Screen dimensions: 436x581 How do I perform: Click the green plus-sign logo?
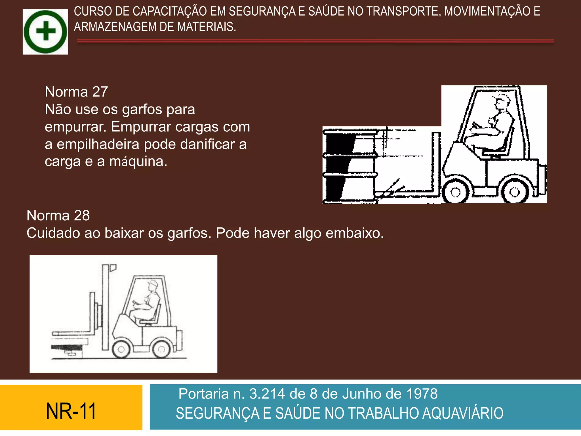pos(45,32)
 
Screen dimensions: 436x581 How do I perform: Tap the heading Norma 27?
pos(76,92)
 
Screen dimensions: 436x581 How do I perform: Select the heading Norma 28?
pos(58,215)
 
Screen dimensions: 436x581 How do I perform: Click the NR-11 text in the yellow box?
pos(71,411)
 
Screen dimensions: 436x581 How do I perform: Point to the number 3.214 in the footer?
pos(267,394)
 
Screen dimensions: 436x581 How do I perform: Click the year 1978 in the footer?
pos(422,394)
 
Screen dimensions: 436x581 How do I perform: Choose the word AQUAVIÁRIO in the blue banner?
pos(463,413)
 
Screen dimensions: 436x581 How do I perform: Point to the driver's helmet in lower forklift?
pos(153,284)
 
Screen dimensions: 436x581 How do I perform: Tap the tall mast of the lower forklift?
pos(106,307)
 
